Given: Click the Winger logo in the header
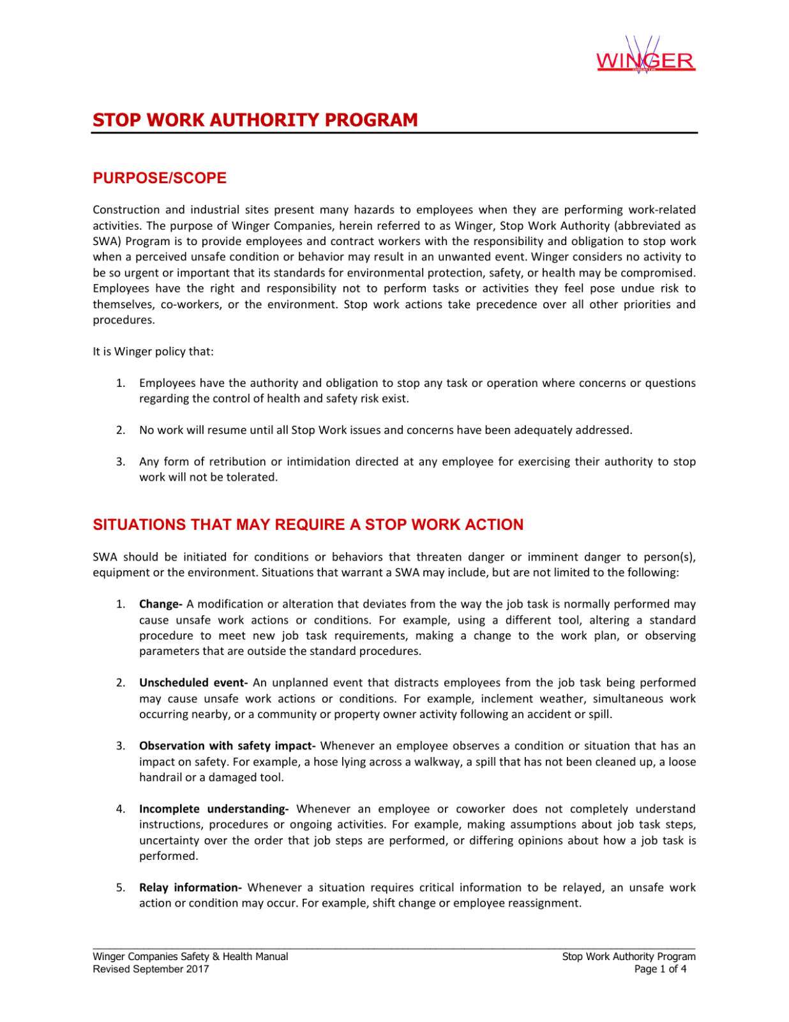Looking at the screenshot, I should click(645, 58).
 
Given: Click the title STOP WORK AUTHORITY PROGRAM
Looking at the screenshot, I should click(255, 120).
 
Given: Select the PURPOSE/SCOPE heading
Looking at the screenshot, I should click(160, 178).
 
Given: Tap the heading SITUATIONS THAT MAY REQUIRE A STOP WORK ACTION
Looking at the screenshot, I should click(308, 525).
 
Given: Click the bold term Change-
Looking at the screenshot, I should click(161, 604).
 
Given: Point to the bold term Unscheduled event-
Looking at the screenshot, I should click(193, 682).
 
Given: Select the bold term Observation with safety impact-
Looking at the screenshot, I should click(227, 746).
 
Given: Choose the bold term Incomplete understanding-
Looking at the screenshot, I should click(214, 809).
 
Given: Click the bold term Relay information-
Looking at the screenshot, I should click(190, 887).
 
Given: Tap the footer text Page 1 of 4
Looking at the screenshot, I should click(660, 969).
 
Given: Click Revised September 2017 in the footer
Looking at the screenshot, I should click(151, 969).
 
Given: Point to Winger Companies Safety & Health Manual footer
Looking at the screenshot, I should click(190, 956).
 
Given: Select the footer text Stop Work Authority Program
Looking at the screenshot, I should click(628, 956).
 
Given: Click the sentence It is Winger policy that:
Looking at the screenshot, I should click(153, 352).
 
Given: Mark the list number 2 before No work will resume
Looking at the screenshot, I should click(120, 430).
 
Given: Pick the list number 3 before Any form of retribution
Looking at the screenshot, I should click(120, 462).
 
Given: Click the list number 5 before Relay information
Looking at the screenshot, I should click(120, 887).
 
